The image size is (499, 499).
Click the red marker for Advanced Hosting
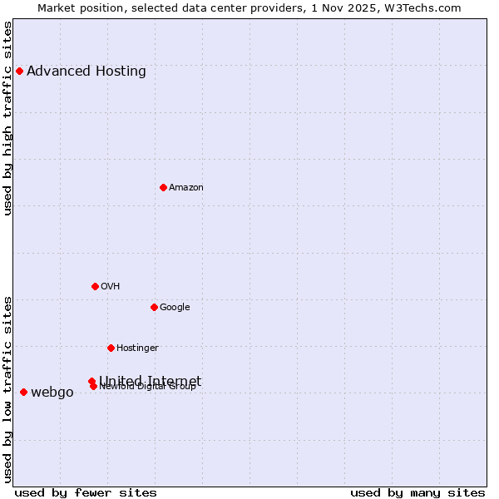(19, 71)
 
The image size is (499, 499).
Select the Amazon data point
(163, 187)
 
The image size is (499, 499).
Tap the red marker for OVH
(95, 286)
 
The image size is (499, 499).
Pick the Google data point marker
(154, 307)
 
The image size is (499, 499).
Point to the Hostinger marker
(111, 348)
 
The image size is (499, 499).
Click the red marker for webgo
(23, 392)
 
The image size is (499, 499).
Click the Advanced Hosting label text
(86, 71)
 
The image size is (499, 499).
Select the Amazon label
(186, 187)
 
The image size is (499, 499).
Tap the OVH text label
(111, 286)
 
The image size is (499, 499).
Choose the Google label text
(175, 307)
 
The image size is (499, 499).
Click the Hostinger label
(137, 348)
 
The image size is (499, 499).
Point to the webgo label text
(52, 393)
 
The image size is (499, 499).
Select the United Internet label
(151, 380)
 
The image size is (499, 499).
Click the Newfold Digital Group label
(148, 387)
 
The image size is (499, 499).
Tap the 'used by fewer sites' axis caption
(86, 492)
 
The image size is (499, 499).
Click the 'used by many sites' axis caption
(417, 492)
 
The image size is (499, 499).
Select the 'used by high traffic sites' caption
(7, 118)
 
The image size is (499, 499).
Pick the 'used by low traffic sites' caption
(7, 388)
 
